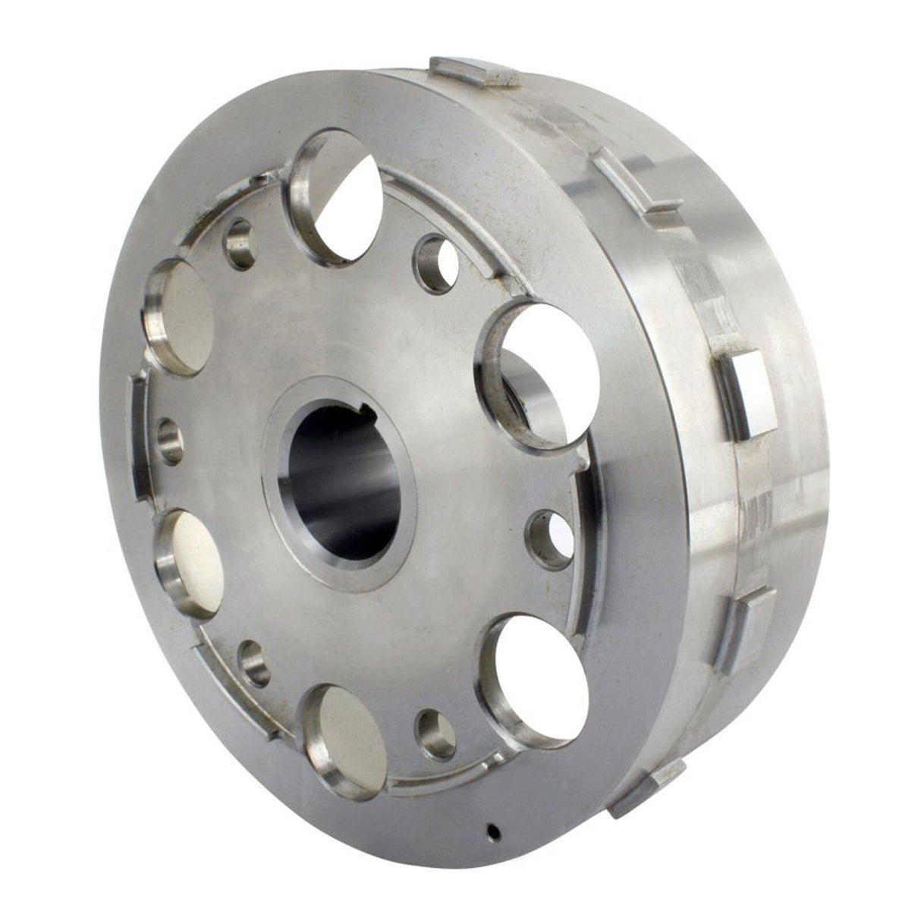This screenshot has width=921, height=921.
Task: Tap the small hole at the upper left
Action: [241, 244]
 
